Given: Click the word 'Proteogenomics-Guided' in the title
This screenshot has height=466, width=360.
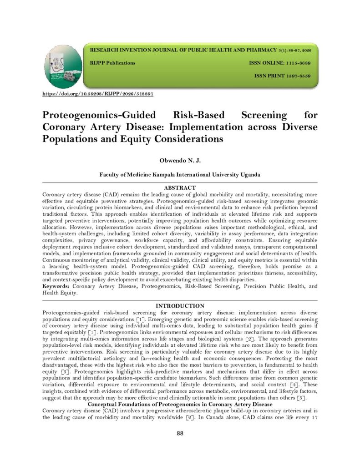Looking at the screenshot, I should [x=100, y=115].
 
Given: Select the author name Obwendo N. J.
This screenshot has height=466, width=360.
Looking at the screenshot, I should [x=180, y=160].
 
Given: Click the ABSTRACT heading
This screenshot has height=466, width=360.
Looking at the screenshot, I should [x=180, y=187].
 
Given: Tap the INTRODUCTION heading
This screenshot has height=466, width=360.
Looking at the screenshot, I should [x=180, y=306].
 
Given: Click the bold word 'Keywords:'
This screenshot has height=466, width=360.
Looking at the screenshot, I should [x=56, y=286].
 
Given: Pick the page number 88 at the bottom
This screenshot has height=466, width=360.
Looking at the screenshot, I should [x=180, y=433].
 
